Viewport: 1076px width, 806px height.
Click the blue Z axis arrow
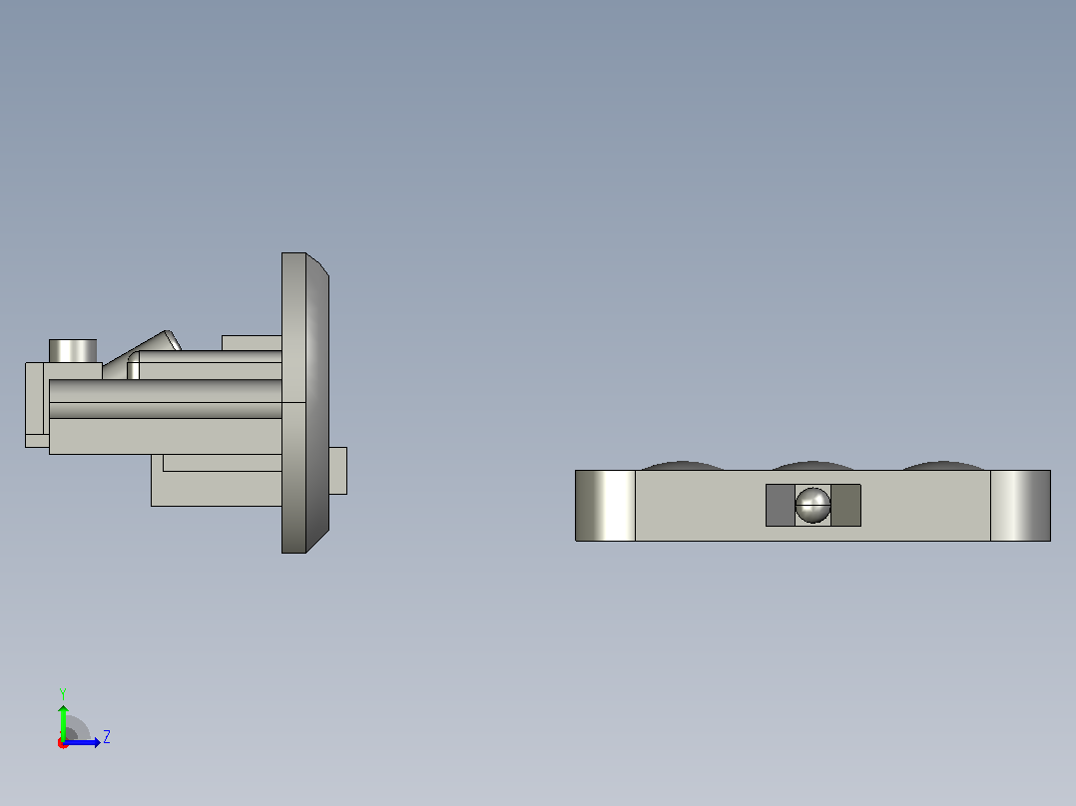82,742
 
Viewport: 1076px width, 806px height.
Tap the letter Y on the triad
63,693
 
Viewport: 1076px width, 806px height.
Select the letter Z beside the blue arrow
107,737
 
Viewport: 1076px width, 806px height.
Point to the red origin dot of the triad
62,743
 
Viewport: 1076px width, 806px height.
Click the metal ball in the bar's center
812,505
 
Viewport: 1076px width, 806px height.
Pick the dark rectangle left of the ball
781,505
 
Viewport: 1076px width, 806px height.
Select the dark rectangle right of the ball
845,505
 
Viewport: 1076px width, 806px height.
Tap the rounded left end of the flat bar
605,506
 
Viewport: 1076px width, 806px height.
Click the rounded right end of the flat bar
1020,506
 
